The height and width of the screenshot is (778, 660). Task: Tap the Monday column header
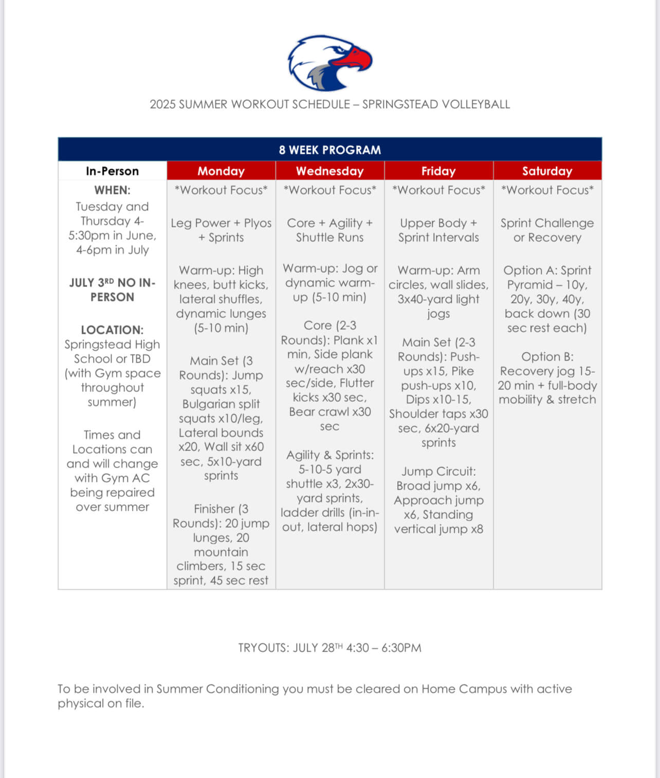tap(221, 171)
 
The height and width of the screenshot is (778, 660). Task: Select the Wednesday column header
tap(329, 171)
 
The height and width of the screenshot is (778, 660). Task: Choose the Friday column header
tap(438, 171)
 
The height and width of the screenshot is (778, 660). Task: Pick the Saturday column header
tap(547, 171)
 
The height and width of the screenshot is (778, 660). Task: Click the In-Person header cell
tap(112, 171)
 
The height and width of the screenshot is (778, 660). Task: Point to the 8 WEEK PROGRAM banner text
tap(329, 150)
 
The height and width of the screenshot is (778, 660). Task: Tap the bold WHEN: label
tap(112, 190)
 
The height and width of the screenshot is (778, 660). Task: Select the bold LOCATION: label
tap(112, 330)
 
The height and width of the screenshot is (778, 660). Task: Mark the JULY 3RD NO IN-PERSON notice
tap(112, 290)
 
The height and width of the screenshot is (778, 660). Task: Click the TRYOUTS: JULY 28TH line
tap(329, 648)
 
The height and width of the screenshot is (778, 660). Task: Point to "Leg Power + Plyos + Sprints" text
tap(221, 230)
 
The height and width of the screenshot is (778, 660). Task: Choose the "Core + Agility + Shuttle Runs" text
tap(329, 230)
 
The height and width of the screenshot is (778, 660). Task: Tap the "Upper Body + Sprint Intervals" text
tap(438, 230)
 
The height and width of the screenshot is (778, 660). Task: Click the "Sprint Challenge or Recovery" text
tap(547, 230)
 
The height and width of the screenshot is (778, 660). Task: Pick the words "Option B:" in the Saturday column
tap(547, 357)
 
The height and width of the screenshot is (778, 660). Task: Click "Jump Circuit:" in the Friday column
tap(438, 472)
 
